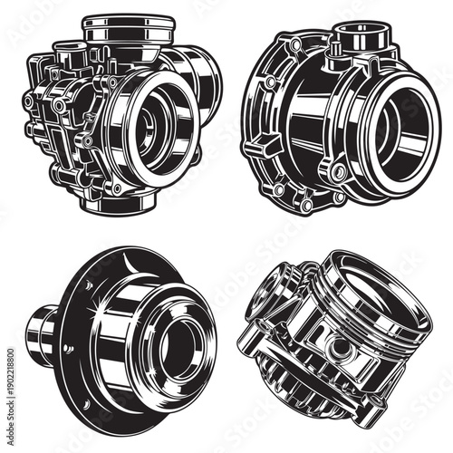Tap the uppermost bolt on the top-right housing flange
point(296,44)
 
